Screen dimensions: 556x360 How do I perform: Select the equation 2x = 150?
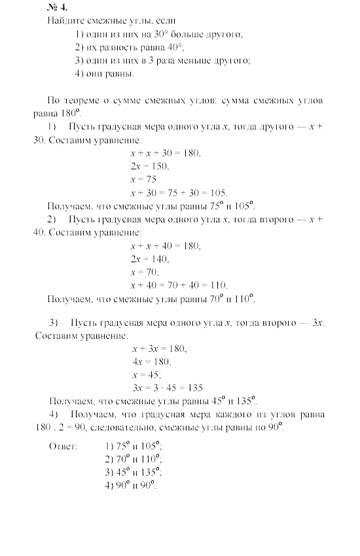click(x=150, y=166)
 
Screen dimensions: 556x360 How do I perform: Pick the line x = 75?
click(x=143, y=179)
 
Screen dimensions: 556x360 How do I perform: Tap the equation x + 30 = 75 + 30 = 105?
click(x=179, y=192)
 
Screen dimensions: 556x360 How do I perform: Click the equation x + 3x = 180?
click(x=159, y=349)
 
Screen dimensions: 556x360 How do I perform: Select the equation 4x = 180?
click(x=151, y=362)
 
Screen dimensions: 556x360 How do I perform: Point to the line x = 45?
click(x=147, y=375)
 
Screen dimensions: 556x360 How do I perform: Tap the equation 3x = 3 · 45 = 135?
click(x=169, y=388)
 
